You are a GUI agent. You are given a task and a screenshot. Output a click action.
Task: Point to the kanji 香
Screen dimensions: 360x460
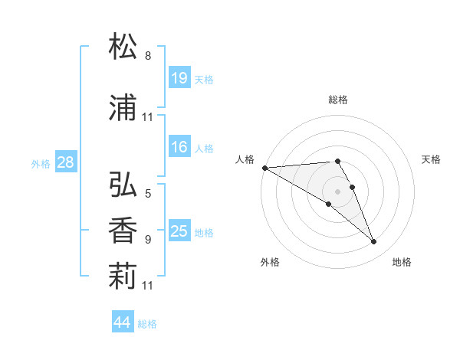(x=123, y=231)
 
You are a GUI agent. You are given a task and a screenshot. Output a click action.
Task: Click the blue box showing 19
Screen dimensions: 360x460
(x=179, y=78)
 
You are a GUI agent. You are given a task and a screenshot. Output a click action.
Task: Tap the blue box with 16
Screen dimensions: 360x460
(x=179, y=148)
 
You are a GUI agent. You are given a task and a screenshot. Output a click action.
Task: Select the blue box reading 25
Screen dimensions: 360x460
(x=179, y=231)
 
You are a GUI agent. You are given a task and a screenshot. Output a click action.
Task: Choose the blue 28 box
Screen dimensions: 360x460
(x=65, y=162)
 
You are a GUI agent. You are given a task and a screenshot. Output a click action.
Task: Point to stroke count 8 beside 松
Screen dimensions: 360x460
(x=148, y=56)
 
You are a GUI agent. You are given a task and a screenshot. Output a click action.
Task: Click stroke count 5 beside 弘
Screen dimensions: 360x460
(x=148, y=194)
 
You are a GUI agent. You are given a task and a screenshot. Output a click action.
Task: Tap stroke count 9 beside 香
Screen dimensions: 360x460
(x=148, y=240)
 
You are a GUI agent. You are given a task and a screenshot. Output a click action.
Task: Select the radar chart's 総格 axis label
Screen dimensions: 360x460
(x=338, y=100)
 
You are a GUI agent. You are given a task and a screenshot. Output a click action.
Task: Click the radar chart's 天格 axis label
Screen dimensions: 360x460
(x=431, y=159)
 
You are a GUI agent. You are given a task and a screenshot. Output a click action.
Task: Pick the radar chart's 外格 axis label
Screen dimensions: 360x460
(x=270, y=262)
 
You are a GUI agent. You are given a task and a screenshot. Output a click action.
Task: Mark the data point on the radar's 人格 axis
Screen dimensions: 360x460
(x=264, y=168)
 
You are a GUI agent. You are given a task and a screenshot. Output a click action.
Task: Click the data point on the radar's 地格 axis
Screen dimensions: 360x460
(x=374, y=242)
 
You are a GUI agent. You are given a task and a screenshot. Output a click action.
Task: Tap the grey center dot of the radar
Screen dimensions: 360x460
(x=338, y=191)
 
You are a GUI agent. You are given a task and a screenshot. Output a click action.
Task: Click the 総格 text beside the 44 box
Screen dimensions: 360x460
(x=147, y=324)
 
